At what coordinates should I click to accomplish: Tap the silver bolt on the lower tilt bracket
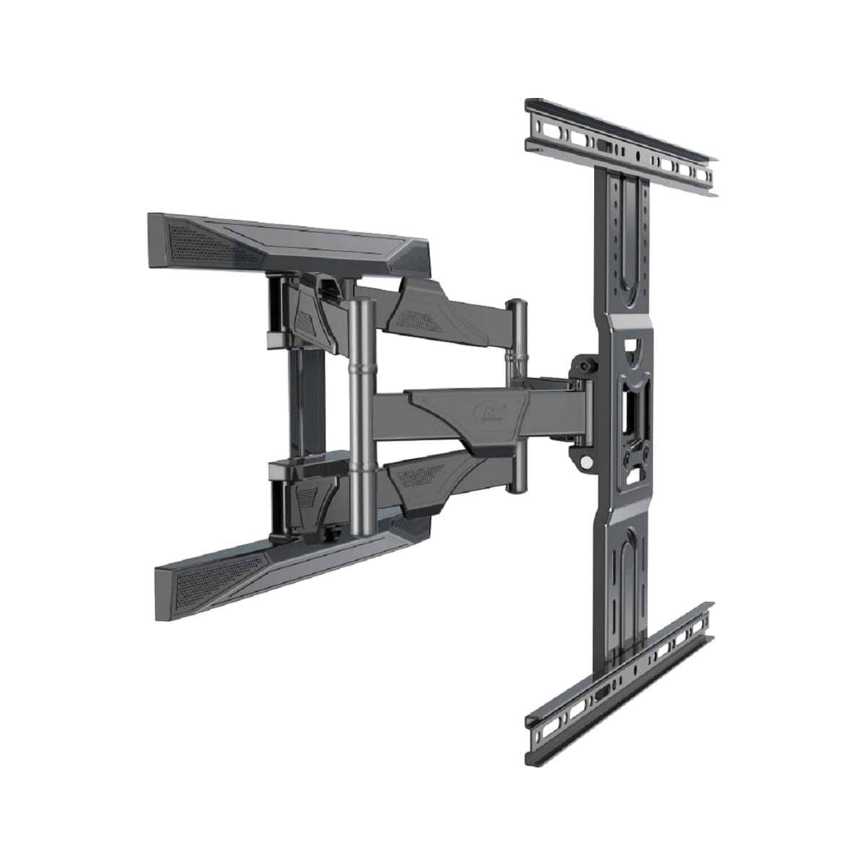click(587, 460)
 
